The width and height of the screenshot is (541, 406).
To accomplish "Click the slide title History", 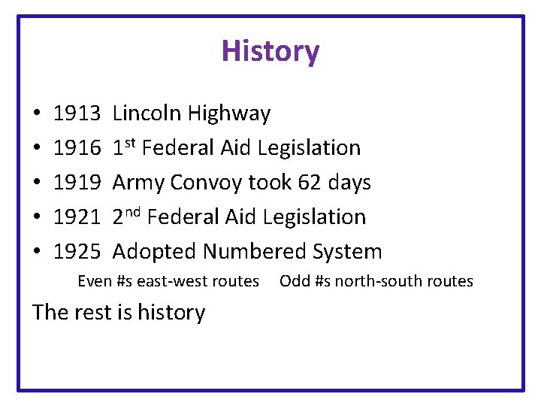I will click(270, 51).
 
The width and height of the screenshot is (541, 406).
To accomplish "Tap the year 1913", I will click(77, 114).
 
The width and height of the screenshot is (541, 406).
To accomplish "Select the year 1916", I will click(77, 148).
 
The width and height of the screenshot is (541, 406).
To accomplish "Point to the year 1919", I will click(77, 183).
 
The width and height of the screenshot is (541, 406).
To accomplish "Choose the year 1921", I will click(77, 217).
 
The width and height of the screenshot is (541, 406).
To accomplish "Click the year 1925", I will click(77, 251).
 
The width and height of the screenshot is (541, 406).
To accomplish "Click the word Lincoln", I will click(147, 114).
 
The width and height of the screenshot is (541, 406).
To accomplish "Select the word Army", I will click(138, 183).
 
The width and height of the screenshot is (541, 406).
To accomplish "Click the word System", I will click(350, 252).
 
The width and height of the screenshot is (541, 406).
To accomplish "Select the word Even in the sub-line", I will click(95, 281).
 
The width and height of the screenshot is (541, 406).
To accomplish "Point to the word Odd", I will click(294, 281).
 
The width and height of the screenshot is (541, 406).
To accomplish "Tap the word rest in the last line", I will click(93, 312).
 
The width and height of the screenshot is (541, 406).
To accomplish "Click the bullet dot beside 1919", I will click(37, 183).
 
